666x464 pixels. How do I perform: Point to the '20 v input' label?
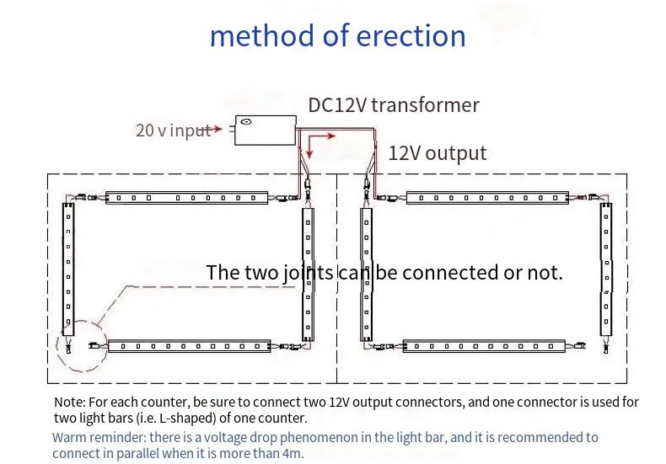[173, 131]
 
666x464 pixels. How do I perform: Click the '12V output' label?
[437, 153]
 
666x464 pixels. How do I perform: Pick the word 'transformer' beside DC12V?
[425, 105]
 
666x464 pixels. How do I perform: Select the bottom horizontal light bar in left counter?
[189, 345]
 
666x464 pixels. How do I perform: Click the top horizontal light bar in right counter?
[488, 197]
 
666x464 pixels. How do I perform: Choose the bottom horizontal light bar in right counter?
[485, 345]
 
